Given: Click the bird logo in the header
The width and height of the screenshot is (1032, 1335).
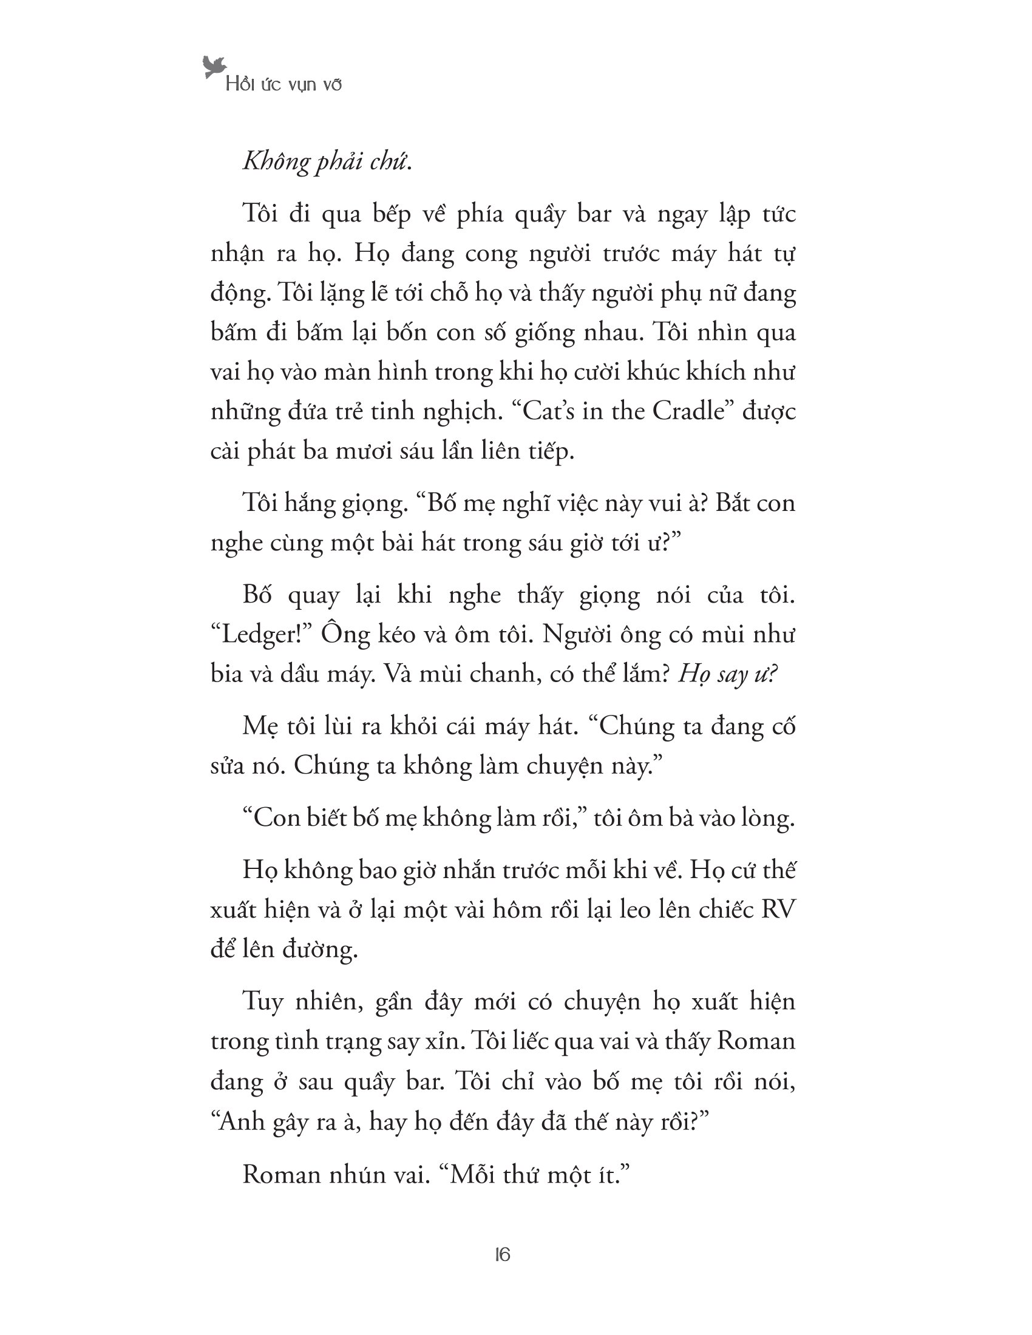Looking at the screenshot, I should (x=214, y=67).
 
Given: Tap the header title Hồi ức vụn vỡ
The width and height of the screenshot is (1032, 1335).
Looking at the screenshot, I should (x=283, y=84).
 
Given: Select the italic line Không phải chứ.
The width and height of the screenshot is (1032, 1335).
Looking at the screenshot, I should (x=327, y=161).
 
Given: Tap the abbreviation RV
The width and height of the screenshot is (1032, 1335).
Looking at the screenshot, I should (x=778, y=910).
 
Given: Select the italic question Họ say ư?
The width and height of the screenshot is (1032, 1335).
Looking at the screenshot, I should (x=727, y=674).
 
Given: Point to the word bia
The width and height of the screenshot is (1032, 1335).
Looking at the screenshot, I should (x=228, y=674).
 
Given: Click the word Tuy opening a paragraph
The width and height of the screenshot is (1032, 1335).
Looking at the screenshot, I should (x=263, y=1002).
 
